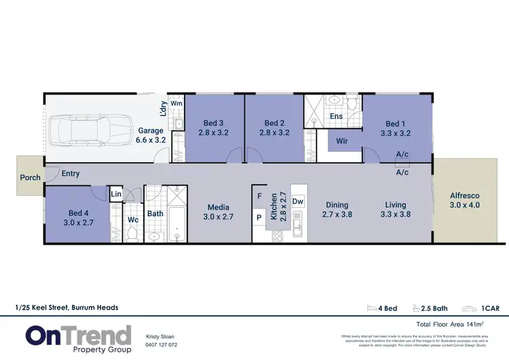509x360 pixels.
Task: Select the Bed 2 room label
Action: (x=274, y=128)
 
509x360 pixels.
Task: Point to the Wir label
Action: (x=342, y=141)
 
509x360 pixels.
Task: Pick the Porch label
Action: (x=30, y=178)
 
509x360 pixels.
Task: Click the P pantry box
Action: (x=259, y=218)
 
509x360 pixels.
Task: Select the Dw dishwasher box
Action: (x=297, y=201)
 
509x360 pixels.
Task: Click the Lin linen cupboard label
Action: (x=116, y=196)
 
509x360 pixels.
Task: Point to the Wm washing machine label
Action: (x=176, y=103)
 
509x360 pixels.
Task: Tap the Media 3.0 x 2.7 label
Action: (x=219, y=212)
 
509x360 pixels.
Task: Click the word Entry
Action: (x=71, y=174)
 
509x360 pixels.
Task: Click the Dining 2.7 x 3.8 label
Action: (x=337, y=209)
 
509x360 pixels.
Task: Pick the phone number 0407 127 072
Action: (x=162, y=344)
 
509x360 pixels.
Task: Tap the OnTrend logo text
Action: (x=78, y=335)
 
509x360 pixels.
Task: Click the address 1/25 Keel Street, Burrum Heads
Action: (x=67, y=308)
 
